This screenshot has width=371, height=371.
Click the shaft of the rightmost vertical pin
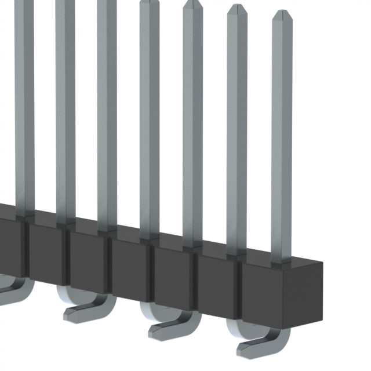point(282,145)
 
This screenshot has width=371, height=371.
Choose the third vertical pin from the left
point(107,116)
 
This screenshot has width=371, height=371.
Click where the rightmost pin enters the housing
point(282,262)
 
